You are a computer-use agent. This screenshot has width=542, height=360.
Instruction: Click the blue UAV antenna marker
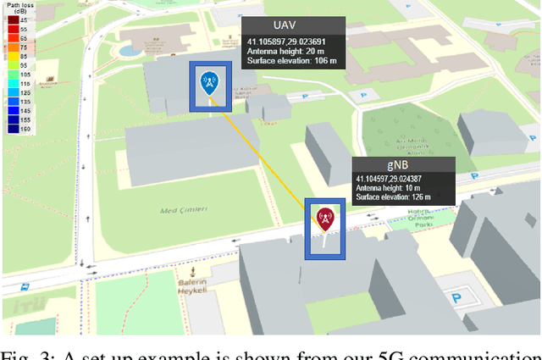pos(207,83)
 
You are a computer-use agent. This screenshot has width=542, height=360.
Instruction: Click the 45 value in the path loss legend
pos(23,20)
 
